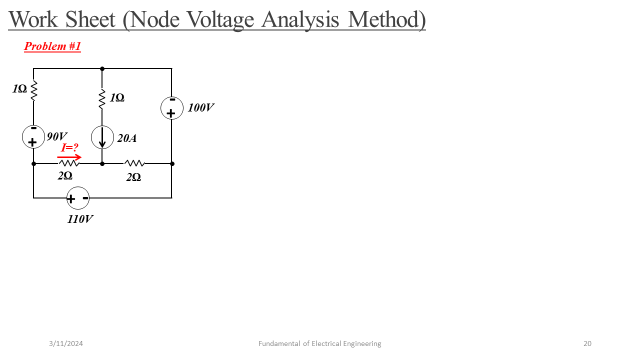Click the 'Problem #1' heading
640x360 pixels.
pos(52,47)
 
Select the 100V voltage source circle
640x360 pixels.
pos(171,107)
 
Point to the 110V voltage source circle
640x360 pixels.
pos(77,198)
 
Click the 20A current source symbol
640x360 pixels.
pos(103,137)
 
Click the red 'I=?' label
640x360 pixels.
pos(70,147)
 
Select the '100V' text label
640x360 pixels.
pos(200,107)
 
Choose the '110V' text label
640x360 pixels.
pos(80,218)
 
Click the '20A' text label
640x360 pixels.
pos(127,138)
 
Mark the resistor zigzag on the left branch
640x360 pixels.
pos(34,90)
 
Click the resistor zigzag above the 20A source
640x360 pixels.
pos(103,97)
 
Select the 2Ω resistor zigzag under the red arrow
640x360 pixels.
pos(68,163)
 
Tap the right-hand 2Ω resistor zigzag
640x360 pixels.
pos(134,163)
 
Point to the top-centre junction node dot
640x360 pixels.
pos(103,68)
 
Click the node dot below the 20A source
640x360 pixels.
pos(103,163)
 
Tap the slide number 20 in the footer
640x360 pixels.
pos(587,343)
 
